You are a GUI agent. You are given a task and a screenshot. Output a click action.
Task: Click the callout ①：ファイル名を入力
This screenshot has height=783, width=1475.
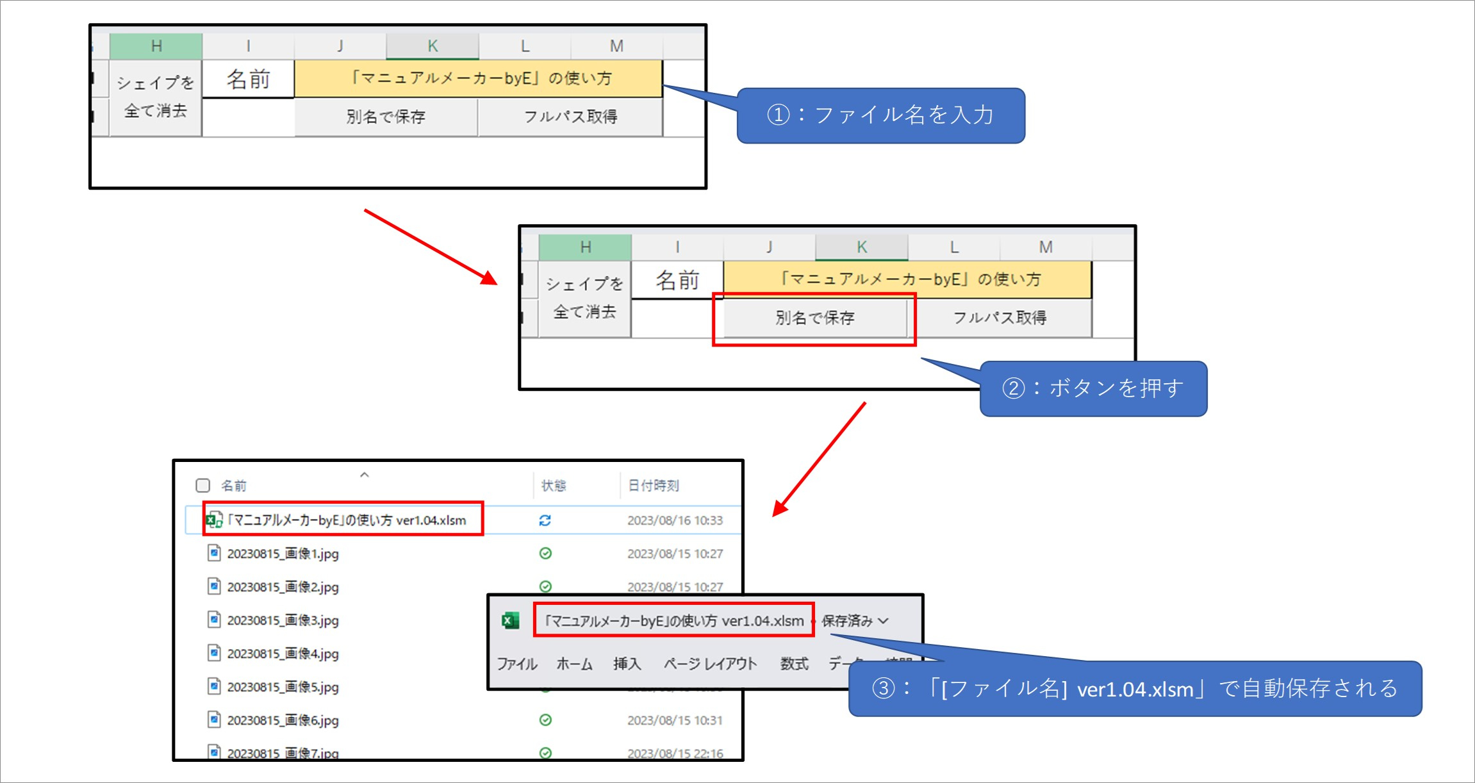pyautogui.click(x=880, y=115)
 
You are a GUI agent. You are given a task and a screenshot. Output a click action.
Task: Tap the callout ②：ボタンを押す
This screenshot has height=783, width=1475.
pyautogui.click(x=1093, y=388)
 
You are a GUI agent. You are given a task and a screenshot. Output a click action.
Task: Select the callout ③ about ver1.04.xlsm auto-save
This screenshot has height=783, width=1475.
pyautogui.click(x=1134, y=689)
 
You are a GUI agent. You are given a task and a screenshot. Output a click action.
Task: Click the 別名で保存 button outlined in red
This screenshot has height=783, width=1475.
pyautogui.click(x=814, y=318)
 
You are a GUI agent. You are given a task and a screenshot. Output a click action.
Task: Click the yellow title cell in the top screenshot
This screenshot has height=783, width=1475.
pyautogui.click(x=478, y=79)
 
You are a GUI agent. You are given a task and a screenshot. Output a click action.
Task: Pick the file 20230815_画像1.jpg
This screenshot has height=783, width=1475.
pyautogui.click(x=283, y=554)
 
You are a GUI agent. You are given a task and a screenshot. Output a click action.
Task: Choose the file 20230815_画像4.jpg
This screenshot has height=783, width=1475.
pyautogui.click(x=283, y=654)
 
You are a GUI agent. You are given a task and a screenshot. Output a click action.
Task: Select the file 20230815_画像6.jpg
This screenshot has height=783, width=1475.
pyautogui.click(x=283, y=720)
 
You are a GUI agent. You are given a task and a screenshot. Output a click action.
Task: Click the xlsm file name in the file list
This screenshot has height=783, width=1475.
pyautogui.click(x=347, y=520)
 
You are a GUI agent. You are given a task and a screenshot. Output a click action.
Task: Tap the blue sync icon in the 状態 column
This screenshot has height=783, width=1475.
pyautogui.click(x=545, y=520)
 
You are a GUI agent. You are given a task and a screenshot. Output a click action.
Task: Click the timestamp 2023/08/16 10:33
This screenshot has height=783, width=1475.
pyautogui.click(x=675, y=520)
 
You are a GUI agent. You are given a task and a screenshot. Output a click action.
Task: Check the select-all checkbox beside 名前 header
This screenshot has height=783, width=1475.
pyautogui.click(x=203, y=485)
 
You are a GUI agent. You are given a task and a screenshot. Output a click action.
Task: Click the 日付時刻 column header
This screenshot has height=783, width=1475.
pyautogui.click(x=653, y=485)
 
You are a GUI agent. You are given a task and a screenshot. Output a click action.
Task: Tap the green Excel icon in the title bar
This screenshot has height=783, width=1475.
pyautogui.click(x=511, y=620)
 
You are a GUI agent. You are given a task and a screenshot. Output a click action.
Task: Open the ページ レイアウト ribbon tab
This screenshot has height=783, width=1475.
pyautogui.click(x=710, y=664)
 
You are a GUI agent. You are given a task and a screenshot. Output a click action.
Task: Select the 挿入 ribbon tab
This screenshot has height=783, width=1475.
pyautogui.click(x=627, y=664)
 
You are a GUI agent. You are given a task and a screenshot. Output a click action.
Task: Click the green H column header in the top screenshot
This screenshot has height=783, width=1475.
pyautogui.click(x=156, y=46)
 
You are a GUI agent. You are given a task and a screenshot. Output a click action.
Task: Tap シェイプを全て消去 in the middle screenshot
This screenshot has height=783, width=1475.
pyautogui.click(x=584, y=298)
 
